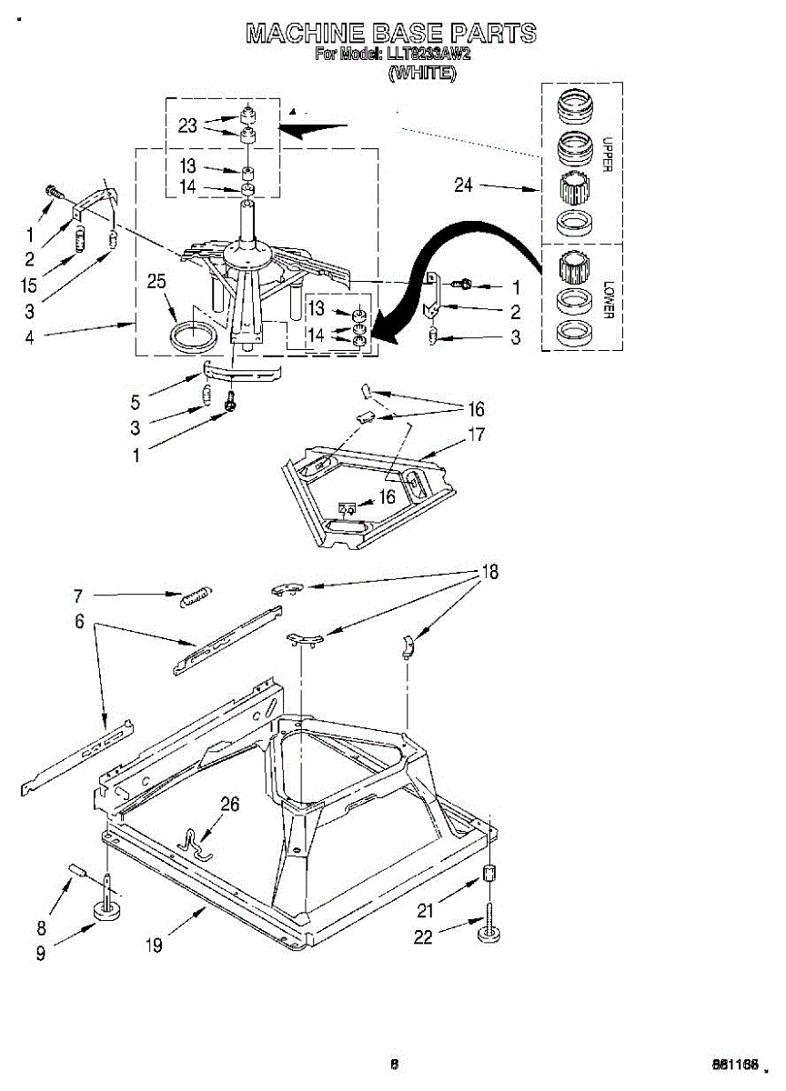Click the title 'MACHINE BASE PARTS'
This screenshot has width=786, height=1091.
(x=391, y=34)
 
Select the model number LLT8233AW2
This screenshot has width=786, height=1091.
(x=428, y=55)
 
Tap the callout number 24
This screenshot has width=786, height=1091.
(x=464, y=185)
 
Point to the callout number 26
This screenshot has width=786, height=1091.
(x=230, y=804)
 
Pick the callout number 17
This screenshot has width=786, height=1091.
(x=475, y=435)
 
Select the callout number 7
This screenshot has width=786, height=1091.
(x=78, y=596)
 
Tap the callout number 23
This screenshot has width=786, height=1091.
(x=187, y=125)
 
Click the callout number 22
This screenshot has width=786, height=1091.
(x=423, y=937)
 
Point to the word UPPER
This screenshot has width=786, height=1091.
(x=607, y=155)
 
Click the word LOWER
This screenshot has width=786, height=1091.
(x=607, y=300)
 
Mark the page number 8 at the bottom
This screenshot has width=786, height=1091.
(x=394, y=1064)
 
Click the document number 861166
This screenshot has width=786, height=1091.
(x=735, y=1065)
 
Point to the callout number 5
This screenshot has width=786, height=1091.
(x=136, y=400)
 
